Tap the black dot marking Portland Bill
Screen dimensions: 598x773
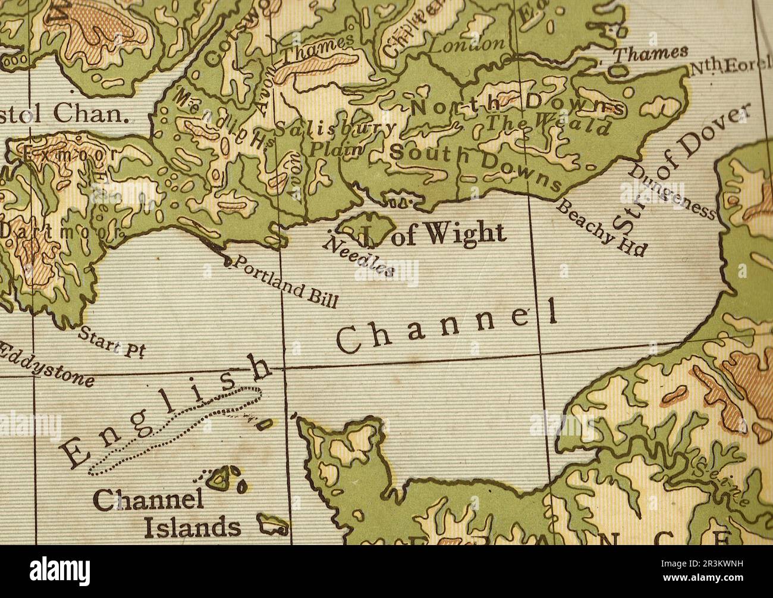coord(227,261)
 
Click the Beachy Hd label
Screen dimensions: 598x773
coord(601,228)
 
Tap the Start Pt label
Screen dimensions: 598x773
coord(112,343)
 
